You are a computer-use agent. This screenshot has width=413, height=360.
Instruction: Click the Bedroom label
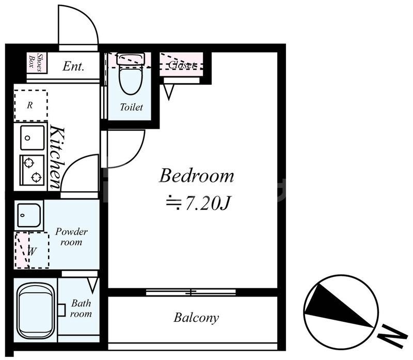pos(196,176)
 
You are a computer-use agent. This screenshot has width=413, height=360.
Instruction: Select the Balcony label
pos(196,318)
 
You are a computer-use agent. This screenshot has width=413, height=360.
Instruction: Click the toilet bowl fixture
pos(131,73)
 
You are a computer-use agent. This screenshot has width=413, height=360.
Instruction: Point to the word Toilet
pos(131,107)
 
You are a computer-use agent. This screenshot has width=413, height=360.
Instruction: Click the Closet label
pos(182,65)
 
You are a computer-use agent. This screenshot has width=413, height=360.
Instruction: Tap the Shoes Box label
pos(36,62)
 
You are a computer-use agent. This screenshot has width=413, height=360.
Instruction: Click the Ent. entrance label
pos(73,67)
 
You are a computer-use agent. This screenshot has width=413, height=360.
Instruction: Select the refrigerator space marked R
pos(31,105)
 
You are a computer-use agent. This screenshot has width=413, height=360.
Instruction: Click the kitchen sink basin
pos(32,137)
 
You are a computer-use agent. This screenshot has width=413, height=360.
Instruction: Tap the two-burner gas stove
pos(32,169)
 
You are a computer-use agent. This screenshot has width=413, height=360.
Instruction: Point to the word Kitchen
pos(57,157)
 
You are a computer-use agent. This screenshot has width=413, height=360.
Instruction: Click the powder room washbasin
pos(29,215)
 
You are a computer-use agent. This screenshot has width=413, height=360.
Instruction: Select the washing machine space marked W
pos(31,251)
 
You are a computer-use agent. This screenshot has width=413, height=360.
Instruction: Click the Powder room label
pos(71,237)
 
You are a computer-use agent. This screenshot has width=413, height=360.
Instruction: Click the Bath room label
pos(81,309)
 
